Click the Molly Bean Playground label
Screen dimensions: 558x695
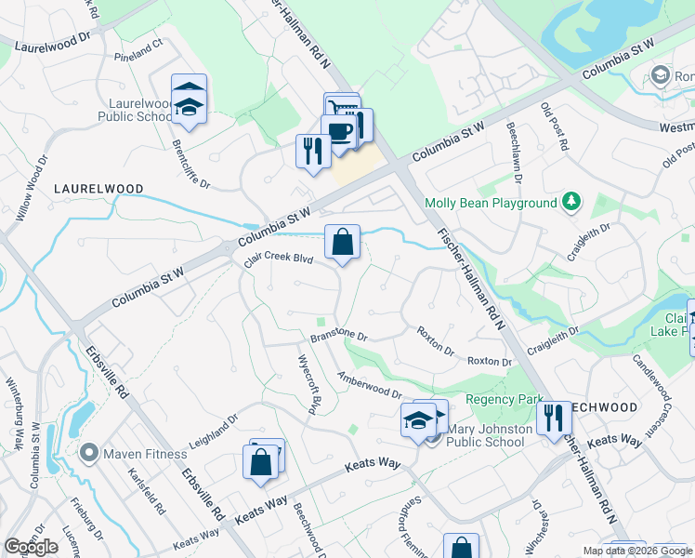[x=491, y=204]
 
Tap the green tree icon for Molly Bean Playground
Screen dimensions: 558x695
[x=572, y=202]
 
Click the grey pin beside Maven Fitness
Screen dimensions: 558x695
[x=89, y=454]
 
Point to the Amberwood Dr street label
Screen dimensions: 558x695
[x=369, y=383]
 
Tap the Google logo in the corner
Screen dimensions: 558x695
[x=31, y=547]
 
